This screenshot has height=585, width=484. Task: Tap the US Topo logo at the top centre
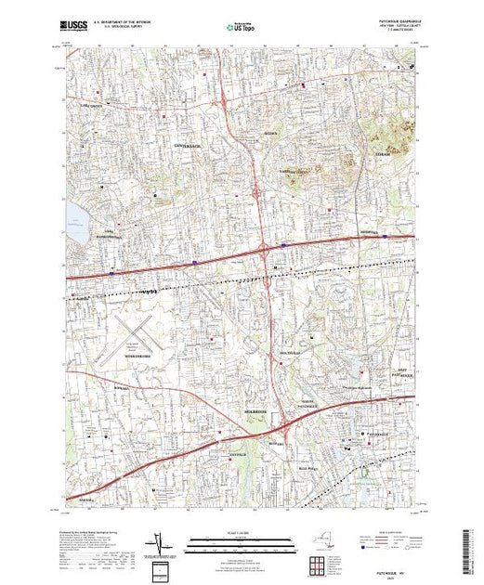(x=242, y=28)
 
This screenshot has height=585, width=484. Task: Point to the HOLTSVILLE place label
(x=291, y=354)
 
